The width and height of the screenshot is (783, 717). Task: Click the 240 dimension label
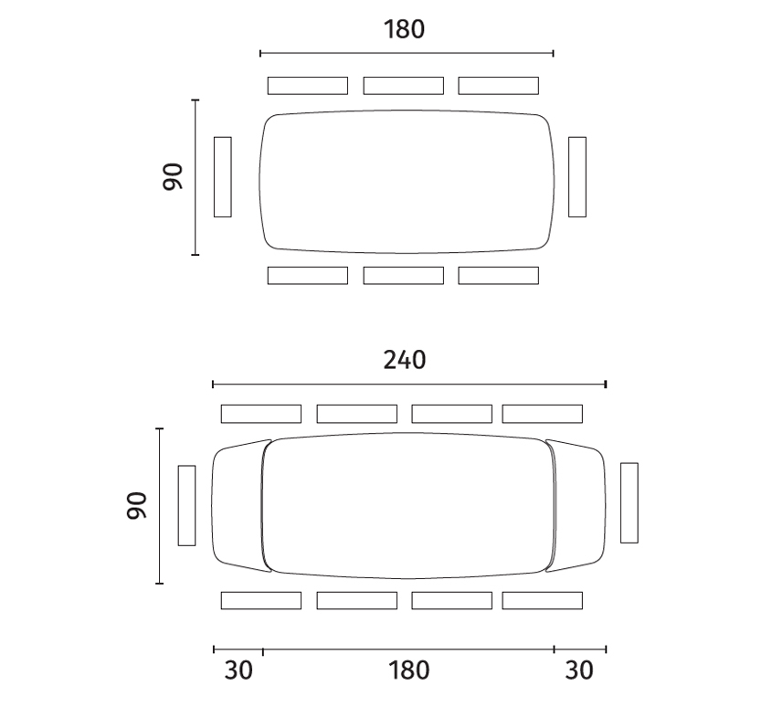(x=405, y=360)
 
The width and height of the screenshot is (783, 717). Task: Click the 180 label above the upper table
(x=405, y=29)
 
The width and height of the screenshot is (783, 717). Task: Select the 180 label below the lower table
(x=409, y=670)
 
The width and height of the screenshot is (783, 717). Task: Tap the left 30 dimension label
(x=238, y=670)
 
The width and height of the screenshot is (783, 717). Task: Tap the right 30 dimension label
(x=579, y=670)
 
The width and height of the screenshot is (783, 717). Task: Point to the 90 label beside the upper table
(x=173, y=176)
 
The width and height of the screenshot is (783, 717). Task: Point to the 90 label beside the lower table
(x=137, y=506)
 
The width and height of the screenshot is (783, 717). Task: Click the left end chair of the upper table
(x=223, y=177)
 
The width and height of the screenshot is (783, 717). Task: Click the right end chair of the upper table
(x=577, y=177)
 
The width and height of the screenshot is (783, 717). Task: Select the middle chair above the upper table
(x=404, y=85)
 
